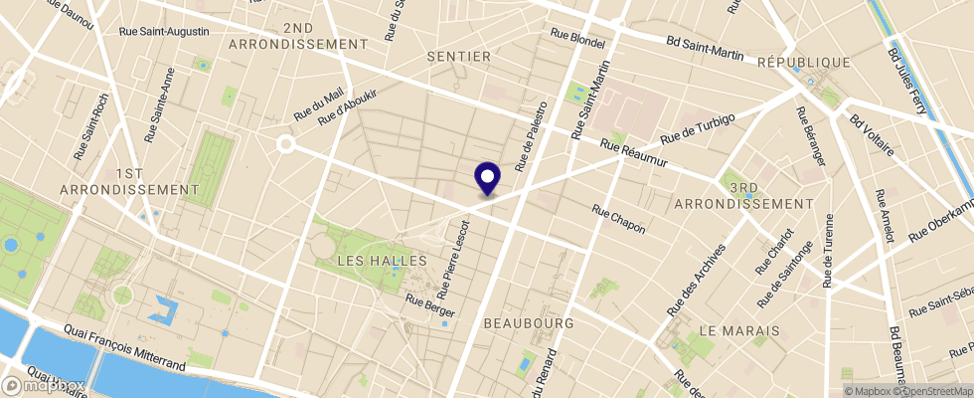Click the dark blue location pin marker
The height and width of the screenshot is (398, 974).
tap(488, 179)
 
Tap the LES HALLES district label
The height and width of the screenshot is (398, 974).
tap(383, 261)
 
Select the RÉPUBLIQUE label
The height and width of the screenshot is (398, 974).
tap(803, 62)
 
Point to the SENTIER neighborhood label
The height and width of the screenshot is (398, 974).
tap(458, 57)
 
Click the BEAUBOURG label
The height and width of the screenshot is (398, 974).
tap(529, 323)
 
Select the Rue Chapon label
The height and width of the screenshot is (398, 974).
tap(618, 220)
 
